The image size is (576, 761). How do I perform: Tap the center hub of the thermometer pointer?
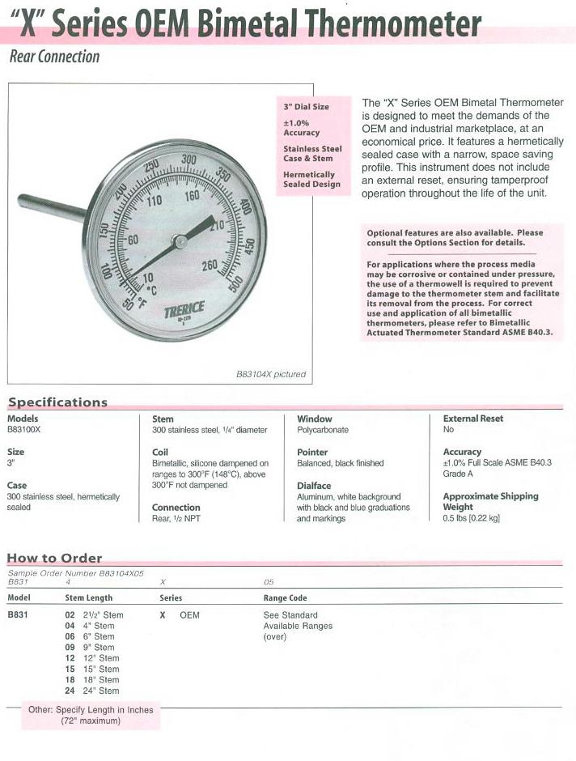click(x=178, y=240)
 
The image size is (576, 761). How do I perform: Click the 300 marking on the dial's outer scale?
click(x=189, y=160)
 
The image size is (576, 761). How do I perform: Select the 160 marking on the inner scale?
click(x=193, y=196)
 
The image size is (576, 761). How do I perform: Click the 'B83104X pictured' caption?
click(x=270, y=375)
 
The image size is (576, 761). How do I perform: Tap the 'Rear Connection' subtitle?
click(x=54, y=57)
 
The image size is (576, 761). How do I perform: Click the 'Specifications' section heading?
click(x=57, y=402)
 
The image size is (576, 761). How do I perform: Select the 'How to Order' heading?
click(x=54, y=558)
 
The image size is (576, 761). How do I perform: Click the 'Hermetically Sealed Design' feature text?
click(x=311, y=179)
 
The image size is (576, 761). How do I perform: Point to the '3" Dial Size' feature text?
click(x=306, y=107)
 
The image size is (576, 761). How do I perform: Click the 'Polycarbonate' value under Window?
click(x=323, y=430)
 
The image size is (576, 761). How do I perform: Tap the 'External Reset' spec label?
click(x=472, y=419)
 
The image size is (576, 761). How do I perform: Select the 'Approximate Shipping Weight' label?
click(x=490, y=501)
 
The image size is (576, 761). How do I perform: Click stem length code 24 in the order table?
click(x=70, y=691)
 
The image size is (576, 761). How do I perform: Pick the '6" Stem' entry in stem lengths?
click(x=91, y=636)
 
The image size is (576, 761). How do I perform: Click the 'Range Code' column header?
click(x=286, y=598)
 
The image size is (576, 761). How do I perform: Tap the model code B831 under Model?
click(x=19, y=615)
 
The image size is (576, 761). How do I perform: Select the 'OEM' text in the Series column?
click(x=189, y=615)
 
